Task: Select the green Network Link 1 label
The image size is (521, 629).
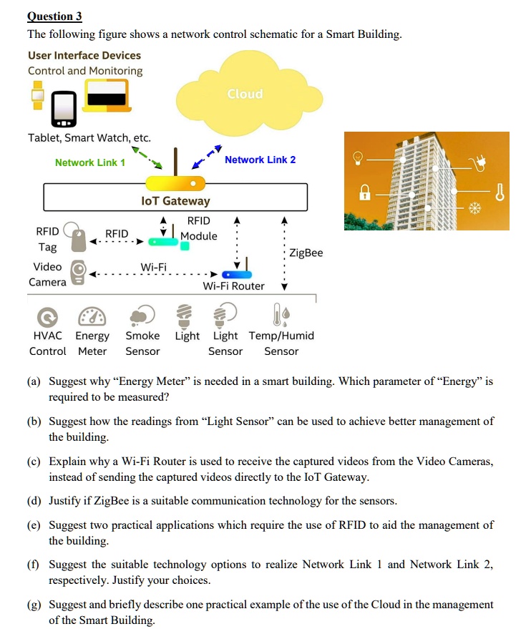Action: pos(90,162)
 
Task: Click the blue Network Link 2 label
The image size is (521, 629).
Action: pos(260,160)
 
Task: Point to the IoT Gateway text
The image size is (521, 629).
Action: pos(175,201)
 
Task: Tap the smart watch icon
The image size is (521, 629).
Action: pos(37,95)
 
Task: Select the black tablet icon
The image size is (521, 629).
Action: pos(65,108)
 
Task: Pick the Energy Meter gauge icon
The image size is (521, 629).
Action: pos(92,316)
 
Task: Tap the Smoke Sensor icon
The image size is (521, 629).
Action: pos(142,316)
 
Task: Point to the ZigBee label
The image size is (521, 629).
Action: pos(306,253)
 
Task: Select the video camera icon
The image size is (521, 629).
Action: pos(81,273)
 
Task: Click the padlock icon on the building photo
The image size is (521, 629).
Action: pos(365,192)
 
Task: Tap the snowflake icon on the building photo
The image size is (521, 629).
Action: pos(473,208)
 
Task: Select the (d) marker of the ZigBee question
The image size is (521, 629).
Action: pos(34,500)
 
